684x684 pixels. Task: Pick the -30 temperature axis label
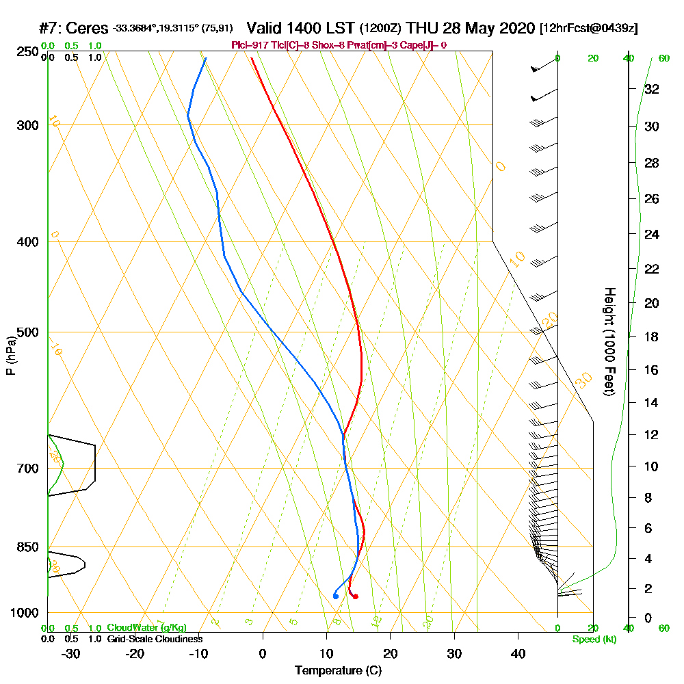70,653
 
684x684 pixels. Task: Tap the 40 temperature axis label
518,653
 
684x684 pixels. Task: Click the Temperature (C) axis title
338,671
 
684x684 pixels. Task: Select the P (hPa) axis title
10,355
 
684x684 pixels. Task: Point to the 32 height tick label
652,88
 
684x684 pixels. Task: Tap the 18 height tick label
652,337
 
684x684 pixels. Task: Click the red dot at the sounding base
355,596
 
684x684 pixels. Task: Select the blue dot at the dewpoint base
335,596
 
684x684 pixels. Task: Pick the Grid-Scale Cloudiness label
154,639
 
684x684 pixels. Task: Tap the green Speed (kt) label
593,639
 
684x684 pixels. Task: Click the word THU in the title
420,29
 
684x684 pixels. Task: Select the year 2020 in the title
515,29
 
